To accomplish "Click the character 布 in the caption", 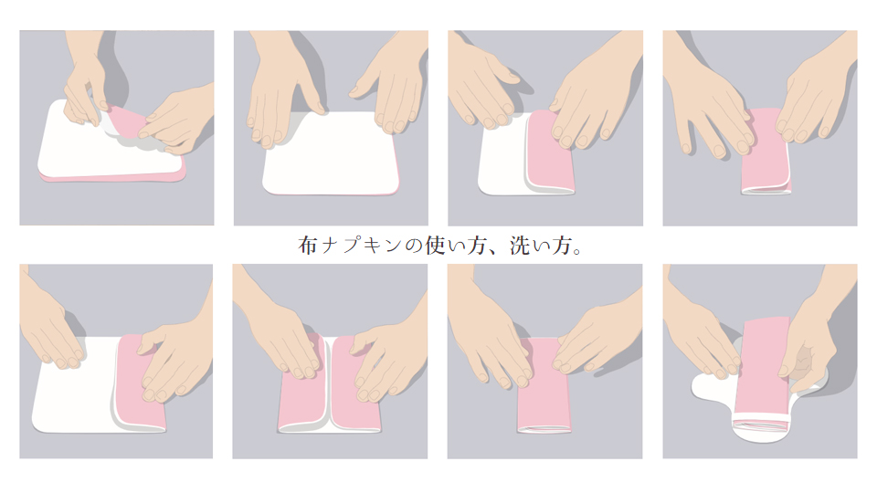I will (307, 246).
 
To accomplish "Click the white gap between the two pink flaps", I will (327, 393).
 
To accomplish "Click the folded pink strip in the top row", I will (765, 164).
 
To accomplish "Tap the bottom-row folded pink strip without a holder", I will (544, 402).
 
